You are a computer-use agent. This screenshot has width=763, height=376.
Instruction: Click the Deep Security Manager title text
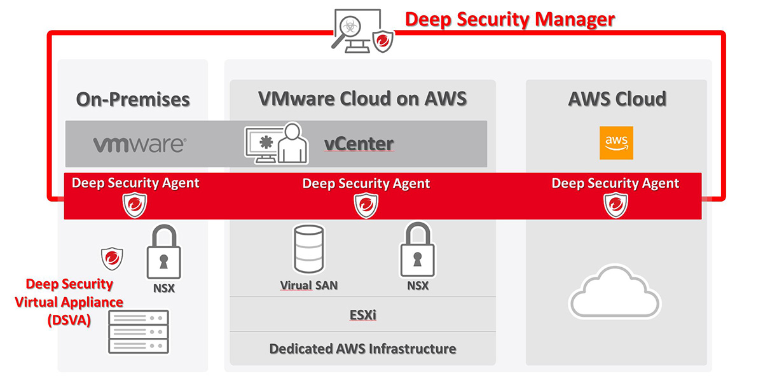point(510,19)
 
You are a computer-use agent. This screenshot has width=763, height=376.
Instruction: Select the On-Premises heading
point(133,99)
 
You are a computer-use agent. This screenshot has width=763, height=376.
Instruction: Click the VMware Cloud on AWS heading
point(362,99)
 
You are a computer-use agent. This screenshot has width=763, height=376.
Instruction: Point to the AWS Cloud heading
point(617,99)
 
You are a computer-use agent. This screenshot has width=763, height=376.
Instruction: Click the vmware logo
point(139,144)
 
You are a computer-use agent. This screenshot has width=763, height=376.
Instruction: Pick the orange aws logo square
point(616,143)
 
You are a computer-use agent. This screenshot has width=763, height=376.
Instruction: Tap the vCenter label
point(359,144)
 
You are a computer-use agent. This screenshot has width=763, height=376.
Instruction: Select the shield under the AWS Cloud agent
point(615,205)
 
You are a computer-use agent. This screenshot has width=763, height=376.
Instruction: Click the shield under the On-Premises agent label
point(135,205)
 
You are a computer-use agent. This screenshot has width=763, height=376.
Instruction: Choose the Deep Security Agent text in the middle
point(366,184)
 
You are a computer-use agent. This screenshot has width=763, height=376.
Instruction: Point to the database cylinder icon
point(309,249)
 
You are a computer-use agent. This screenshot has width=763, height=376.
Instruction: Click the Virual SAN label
point(309,286)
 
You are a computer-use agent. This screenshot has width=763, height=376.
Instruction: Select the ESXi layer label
point(362,315)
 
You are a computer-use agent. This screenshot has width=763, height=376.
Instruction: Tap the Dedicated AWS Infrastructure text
point(362,349)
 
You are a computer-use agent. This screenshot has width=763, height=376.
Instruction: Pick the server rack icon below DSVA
point(139,331)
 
